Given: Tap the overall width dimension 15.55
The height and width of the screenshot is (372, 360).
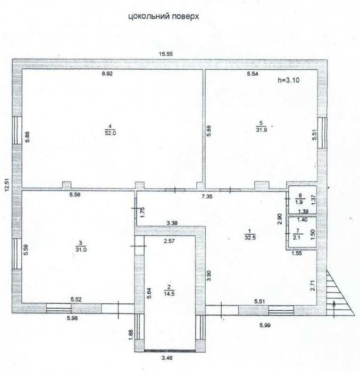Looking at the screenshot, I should coord(169,53).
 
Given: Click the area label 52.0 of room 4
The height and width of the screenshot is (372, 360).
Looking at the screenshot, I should coord(110,133).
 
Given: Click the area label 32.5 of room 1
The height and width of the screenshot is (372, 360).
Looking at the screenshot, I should coord(248,236).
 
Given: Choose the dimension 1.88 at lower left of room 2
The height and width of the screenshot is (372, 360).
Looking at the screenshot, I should coord(130,333).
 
